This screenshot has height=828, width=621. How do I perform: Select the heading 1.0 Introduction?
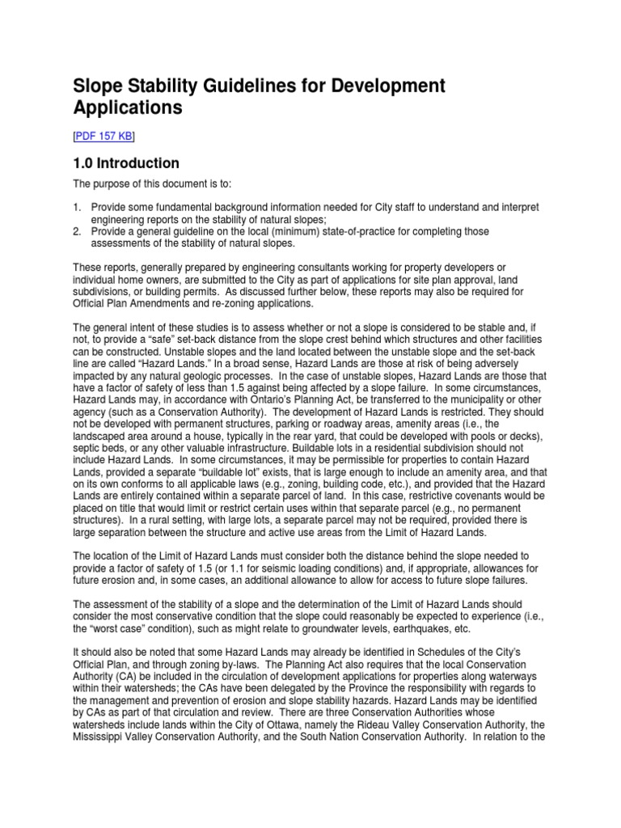pyautogui.click(x=126, y=164)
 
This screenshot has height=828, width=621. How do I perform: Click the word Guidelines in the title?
pyautogui.click(x=272, y=85)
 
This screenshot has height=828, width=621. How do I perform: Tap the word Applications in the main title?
pyautogui.click(x=129, y=108)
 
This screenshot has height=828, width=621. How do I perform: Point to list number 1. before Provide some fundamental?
pyautogui.click(x=78, y=208)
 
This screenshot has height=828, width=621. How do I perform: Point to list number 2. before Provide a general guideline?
pyautogui.click(x=78, y=231)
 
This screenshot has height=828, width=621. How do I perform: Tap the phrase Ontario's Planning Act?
pyautogui.click(x=254, y=389)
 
